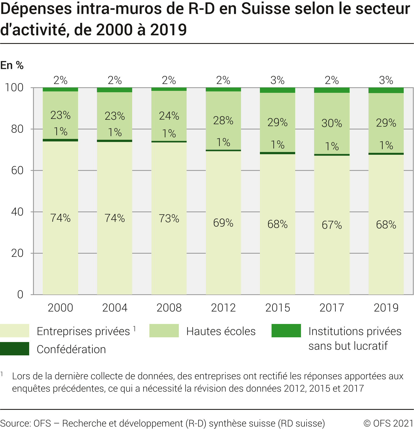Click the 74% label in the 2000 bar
(x=60, y=218)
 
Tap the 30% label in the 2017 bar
(x=332, y=123)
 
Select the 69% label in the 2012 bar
(x=223, y=223)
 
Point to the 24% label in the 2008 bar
(x=169, y=116)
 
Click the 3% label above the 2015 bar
(x=277, y=81)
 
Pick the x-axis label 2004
(x=115, y=308)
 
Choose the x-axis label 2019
(x=386, y=308)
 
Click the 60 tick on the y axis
(x=17, y=170)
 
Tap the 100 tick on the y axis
(x=14, y=88)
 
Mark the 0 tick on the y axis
(x=20, y=295)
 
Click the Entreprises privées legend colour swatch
(x=14, y=331)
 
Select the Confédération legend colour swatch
(x=14, y=349)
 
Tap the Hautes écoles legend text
(x=221, y=331)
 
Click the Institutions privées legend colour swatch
(x=286, y=331)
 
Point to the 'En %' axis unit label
(x=12, y=65)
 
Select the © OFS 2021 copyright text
(x=388, y=423)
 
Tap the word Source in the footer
(x=15, y=423)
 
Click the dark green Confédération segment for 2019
(x=386, y=154)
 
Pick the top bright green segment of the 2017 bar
(x=332, y=90)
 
